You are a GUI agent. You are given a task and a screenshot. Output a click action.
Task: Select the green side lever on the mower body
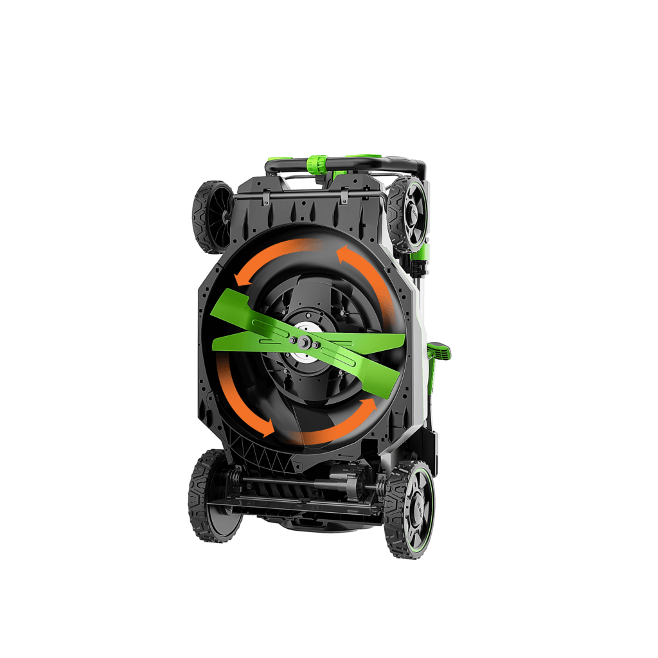pos(440,351)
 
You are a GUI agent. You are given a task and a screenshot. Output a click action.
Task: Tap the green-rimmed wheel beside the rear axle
pos(410,510)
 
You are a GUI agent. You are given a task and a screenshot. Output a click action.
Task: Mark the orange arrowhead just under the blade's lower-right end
pos(367,406)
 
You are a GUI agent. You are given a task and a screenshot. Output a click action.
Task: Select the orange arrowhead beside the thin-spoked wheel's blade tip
pos(241,278)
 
